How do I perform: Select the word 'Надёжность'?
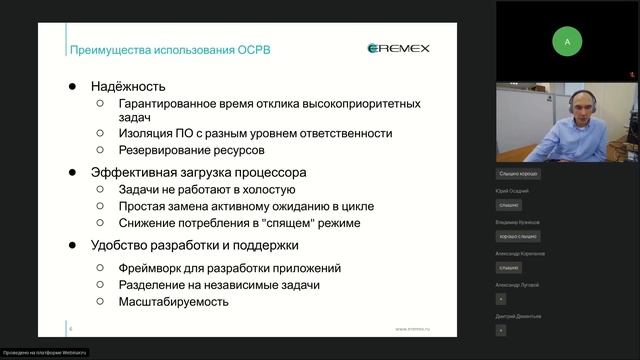pos(127,86)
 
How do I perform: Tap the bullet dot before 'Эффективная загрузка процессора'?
pos(72,172)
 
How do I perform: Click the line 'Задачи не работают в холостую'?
pos(206,189)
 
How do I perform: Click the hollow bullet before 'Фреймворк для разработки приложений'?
pos(100,268)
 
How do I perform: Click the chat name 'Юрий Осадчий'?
pos(512,190)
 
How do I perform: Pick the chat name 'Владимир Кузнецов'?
pos(517,222)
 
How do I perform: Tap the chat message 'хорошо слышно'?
pos(517,236)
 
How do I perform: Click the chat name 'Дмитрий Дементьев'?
pos(518,316)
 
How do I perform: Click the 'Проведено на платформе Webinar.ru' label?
pos(44,352)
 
